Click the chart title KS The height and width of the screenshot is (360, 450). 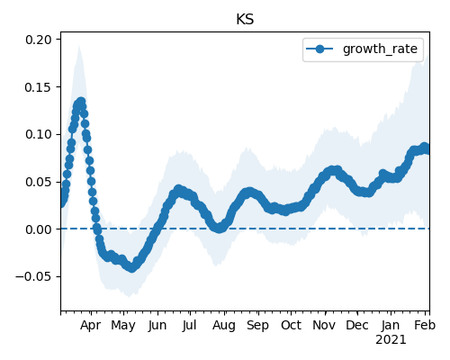point(245,20)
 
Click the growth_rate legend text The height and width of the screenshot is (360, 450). point(380,49)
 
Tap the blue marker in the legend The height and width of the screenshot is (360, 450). point(319,49)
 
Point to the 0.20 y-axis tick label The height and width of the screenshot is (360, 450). point(39,40)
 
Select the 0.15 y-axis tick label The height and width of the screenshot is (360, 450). point(39,87)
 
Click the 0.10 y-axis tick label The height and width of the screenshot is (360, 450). point(39,134)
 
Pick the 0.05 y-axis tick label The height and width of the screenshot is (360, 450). point(39,182)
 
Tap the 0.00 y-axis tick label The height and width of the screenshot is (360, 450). point(39,229)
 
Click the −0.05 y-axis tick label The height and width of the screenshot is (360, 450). point(33,276)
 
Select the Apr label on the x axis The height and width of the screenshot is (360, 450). point(91,326)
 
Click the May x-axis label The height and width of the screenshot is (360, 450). point(123,326)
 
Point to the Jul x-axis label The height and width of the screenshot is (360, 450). point(189,325)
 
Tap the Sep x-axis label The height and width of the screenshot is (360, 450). point(257,326)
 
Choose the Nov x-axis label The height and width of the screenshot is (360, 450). point(324,325)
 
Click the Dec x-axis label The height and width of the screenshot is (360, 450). point(357,325)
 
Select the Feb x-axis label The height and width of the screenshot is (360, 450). point(425,325)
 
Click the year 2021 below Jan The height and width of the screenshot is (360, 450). point(391,340)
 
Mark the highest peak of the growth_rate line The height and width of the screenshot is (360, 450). point(81,102)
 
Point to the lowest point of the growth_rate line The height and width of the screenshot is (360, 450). point(131,268)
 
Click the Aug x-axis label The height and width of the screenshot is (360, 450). point(224,326)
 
